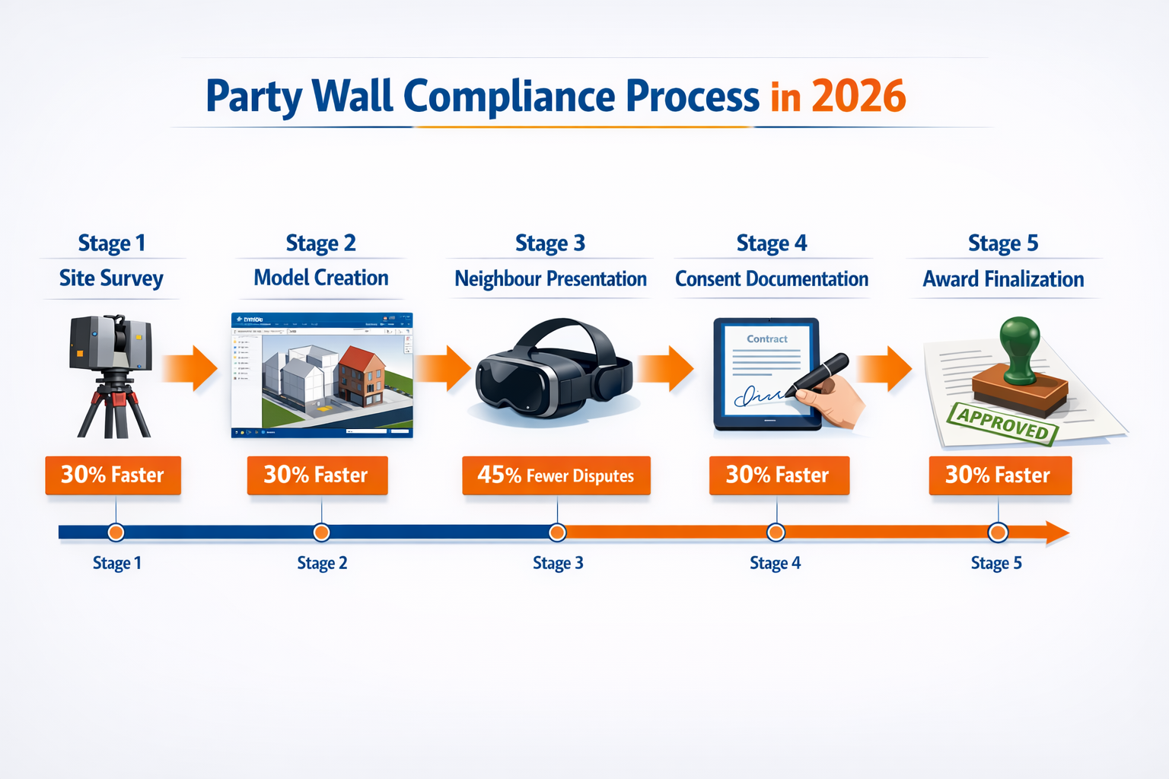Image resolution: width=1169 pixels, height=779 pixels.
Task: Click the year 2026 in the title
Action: (858, 97)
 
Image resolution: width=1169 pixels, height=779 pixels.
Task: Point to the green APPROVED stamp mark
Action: (1002, 423)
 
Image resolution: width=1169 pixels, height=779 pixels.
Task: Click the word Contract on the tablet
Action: (767, 339)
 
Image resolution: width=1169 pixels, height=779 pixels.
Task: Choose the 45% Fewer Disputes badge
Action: (556, 475)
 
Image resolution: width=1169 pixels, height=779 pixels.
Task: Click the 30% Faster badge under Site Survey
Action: (113, 475)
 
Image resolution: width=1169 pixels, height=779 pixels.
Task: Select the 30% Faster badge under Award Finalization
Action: (999, 475)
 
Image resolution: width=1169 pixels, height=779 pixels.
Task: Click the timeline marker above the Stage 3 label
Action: (557, 533)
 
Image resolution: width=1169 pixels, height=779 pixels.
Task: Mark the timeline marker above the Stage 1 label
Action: (116, 533)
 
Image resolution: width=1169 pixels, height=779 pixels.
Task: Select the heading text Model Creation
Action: (321, 278)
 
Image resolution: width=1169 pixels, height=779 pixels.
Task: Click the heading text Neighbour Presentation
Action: (550, 279)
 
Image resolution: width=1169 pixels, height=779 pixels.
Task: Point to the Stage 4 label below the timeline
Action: (775, 564)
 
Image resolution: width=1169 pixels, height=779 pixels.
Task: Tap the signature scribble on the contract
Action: (758, 396)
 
